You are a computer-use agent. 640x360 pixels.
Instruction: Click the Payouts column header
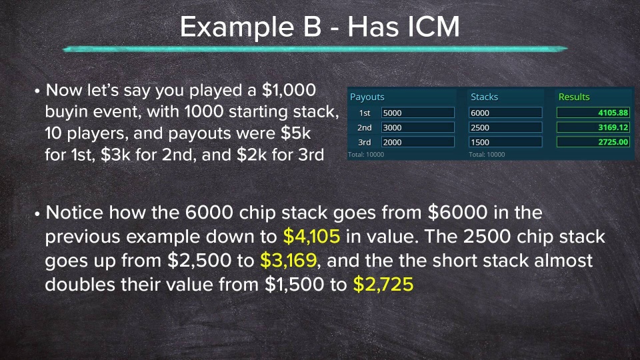point(367,97)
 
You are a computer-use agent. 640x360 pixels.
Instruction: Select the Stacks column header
point(484,97)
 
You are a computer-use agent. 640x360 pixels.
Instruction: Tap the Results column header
point(574,97)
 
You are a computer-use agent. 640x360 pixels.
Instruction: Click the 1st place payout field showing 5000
point(417,113)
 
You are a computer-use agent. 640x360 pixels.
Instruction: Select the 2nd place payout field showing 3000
point(417,127)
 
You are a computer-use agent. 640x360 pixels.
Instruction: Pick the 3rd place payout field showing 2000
point(417,142)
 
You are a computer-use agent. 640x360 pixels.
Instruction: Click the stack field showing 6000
point(505,113)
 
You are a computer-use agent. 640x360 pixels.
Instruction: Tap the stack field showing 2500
point(505,127)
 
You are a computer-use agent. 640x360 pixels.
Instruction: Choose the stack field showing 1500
point(505,142)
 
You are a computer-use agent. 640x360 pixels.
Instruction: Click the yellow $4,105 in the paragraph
point(312,237)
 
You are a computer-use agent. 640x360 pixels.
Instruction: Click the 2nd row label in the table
point(364,127)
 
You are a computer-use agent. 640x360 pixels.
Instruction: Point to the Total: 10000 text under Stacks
point(487,155)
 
